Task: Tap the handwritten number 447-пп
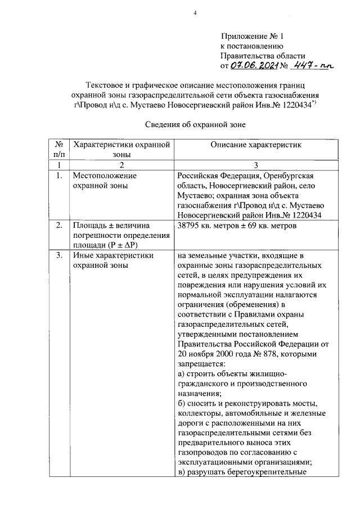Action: click(x=309, y=66)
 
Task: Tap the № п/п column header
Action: click(x=58, y=149)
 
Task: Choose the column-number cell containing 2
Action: click(x=120, y=164)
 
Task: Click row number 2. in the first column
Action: click(x=58, y=226)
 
